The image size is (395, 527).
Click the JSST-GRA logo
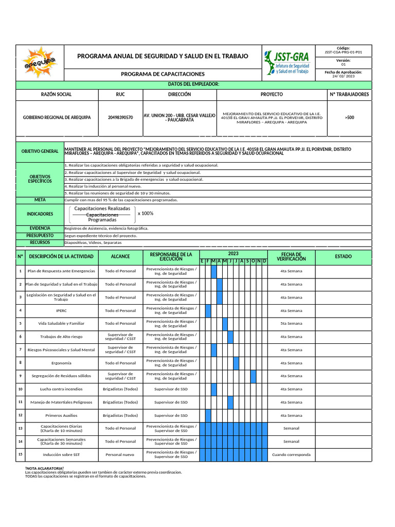point(288,62)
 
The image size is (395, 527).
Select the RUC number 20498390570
point(120,118)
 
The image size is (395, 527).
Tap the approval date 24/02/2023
point(344,76)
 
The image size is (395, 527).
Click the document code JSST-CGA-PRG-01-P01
point(344,52)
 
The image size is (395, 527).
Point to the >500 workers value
point(349,118)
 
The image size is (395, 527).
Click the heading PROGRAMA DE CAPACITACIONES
point(163,75)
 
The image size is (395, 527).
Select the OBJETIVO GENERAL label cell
point(40,151)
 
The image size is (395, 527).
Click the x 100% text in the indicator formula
point(146,214)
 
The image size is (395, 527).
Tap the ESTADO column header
point(343,256)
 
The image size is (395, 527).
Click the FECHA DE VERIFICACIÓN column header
point(291,256)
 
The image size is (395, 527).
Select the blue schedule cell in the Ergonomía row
point(236,363)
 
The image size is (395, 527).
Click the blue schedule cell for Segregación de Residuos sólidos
point(253,376)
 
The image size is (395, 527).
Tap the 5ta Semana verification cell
point(291,324)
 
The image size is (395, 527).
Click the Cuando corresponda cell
point(291,455)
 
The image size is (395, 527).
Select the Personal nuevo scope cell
point(120,455)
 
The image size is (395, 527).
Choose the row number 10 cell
point(20,389)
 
